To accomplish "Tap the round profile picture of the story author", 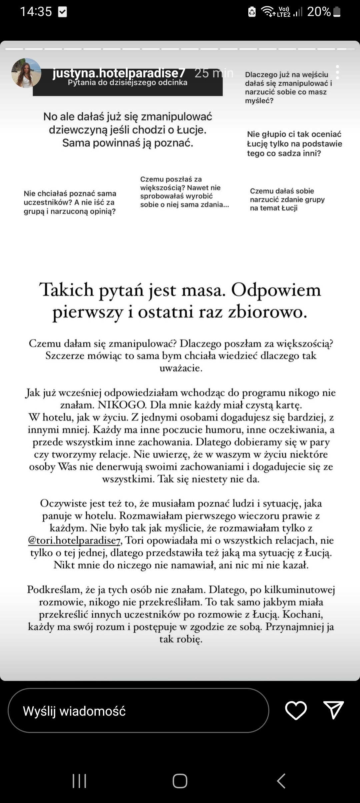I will click(26, 73).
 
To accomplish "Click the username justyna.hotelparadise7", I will click(119, 73).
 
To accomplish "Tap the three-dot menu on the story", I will click(337, 72).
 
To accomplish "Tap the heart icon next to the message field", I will click(296, 710).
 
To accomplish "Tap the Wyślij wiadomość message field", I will click(138, 711).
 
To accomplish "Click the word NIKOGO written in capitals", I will click(122, 405).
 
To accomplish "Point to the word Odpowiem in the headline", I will click(276, 290).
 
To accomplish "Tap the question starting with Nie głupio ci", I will click(294, 144).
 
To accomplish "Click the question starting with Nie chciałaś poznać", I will click(70, 202).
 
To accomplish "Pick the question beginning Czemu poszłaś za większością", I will click(184, 192).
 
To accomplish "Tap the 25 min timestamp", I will click(214, 73).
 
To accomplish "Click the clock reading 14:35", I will click(36, 12).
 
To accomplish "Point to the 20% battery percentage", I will click(319, 12).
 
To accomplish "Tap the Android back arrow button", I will click(281, 781).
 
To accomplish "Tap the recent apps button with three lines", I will click(79, 781).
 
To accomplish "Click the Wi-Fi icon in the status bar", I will click(268, 11).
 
